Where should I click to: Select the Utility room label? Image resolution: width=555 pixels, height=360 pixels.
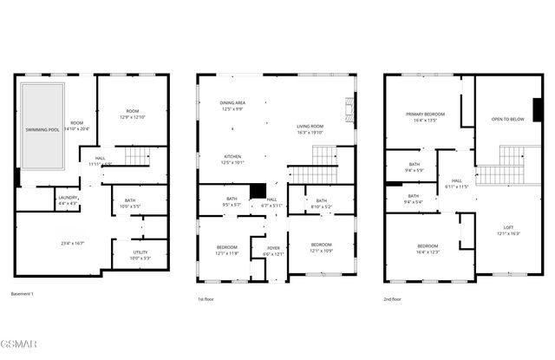140,254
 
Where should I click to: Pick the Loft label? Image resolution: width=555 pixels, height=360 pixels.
508,230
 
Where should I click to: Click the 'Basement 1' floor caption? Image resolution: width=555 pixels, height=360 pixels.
23,294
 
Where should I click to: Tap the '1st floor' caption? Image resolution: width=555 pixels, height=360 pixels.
206,299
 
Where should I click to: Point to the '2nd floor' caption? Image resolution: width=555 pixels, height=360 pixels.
392,299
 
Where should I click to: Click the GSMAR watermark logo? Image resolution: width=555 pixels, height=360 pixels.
19,349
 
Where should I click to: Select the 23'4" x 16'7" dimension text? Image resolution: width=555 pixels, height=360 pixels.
66,243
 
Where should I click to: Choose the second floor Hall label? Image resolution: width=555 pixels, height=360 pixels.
456,183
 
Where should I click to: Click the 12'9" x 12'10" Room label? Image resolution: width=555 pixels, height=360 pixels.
132,114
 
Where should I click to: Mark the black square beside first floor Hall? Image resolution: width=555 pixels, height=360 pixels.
257,191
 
